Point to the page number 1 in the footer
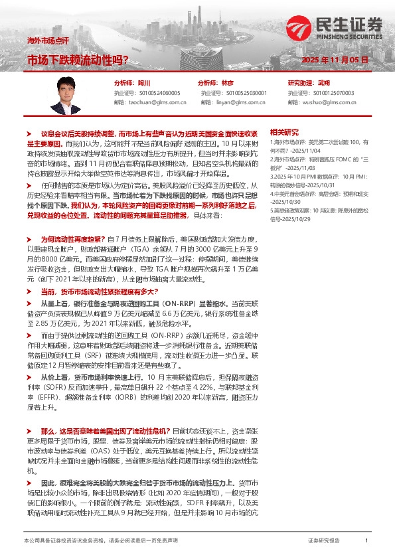pos(366,542)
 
